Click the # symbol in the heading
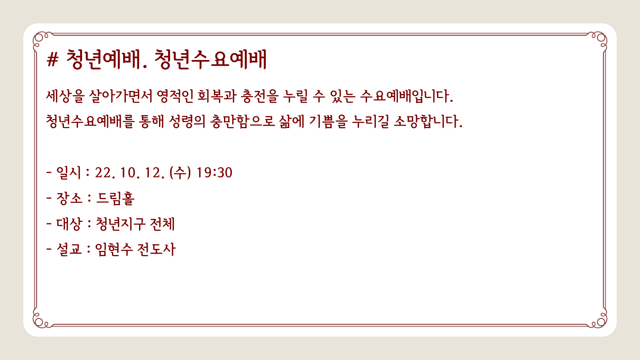tap(53, 60)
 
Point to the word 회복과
tap(217, 96)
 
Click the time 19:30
tap(214, 173)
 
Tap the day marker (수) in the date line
tap(180, 173)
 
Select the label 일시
tap(69, 173)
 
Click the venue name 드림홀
tap(115, 198)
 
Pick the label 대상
tap(69, 224)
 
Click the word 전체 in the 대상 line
tap(162, 224)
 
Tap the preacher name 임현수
tap(114, 249)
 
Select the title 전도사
tap(156, 249)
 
